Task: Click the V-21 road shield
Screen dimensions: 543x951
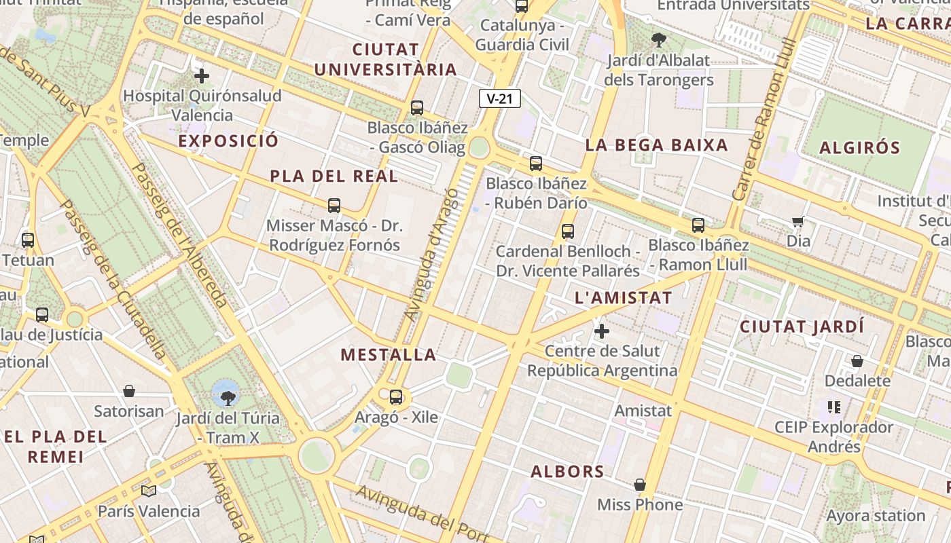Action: coord(499,98)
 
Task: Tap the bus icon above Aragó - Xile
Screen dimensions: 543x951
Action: coord(396,397)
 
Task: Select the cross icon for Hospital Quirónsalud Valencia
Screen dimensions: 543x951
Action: coord(202,75)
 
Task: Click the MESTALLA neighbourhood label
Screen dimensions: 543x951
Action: coord(388,355)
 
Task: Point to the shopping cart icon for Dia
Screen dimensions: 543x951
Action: coord(798,221)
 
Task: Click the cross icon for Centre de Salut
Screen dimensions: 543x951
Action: coord(602,331)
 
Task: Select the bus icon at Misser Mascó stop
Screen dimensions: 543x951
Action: coord(334,205)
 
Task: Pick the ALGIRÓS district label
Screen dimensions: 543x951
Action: coord(859,148)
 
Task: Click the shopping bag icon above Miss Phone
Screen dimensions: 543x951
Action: coord(639,485)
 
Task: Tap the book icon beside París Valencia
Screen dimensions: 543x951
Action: coord(149,491)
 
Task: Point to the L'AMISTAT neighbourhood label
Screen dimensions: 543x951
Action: coord(623,297)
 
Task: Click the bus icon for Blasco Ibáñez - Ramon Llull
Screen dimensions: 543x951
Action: coord(698,225)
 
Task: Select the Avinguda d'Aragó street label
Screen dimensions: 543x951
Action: coord(432,255)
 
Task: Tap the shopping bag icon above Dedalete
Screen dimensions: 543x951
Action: coord(857,361)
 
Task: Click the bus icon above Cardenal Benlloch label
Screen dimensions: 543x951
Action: coord(568,231)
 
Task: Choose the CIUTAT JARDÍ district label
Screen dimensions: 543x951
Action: coord(802,326)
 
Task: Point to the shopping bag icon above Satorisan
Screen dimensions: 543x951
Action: coord(129,391)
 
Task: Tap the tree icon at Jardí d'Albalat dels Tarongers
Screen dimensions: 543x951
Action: coord(658,39)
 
